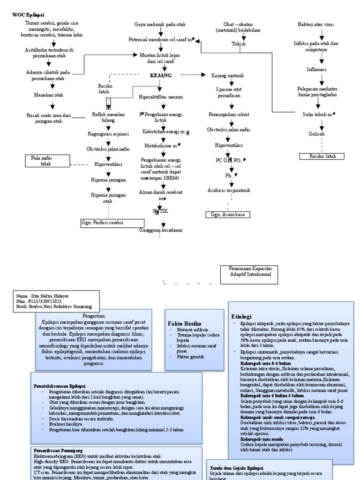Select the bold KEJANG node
tap(161, 75)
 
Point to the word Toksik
tap(239, 44)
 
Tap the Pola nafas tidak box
tap(45, 161)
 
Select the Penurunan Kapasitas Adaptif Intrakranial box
tap(244, 274)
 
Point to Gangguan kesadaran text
tap(161, 230)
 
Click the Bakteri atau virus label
tap(316, 24)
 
